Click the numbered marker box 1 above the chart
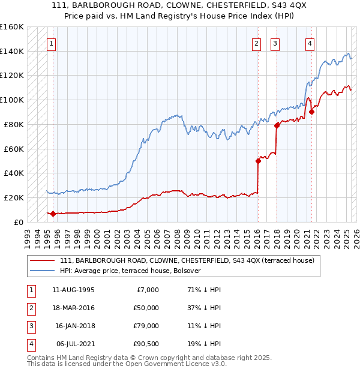tap(51, 43)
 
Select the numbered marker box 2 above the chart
tap(256, 43)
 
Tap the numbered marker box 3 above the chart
tap(275, 43)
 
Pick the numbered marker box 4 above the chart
tap(310, 43)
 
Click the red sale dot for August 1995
tap(53, 214)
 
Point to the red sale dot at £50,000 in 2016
tap(258, 161)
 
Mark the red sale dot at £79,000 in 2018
tap(277, 125)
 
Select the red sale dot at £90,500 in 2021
tap(312, 111)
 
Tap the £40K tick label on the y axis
tap(14, 173)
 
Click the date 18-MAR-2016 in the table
tap(74, 308)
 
